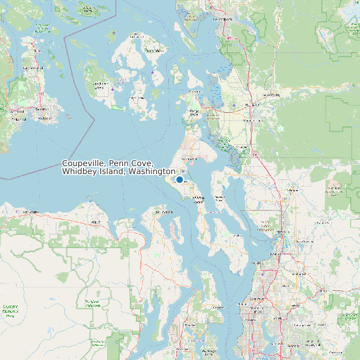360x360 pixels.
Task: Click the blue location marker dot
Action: click(x=179, y=179)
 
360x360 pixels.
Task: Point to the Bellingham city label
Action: click(x=224, y=19)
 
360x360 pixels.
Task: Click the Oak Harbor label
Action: click(x=190, y=159)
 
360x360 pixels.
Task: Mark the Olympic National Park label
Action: click(x=11, y=310)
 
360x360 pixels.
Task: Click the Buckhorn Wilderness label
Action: click(x=90, y=303)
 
